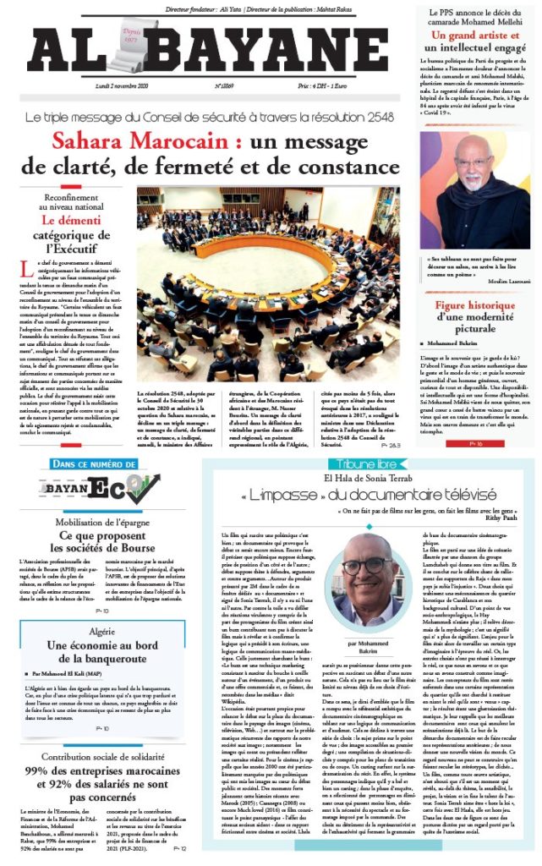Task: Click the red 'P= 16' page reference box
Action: point(474,443)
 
